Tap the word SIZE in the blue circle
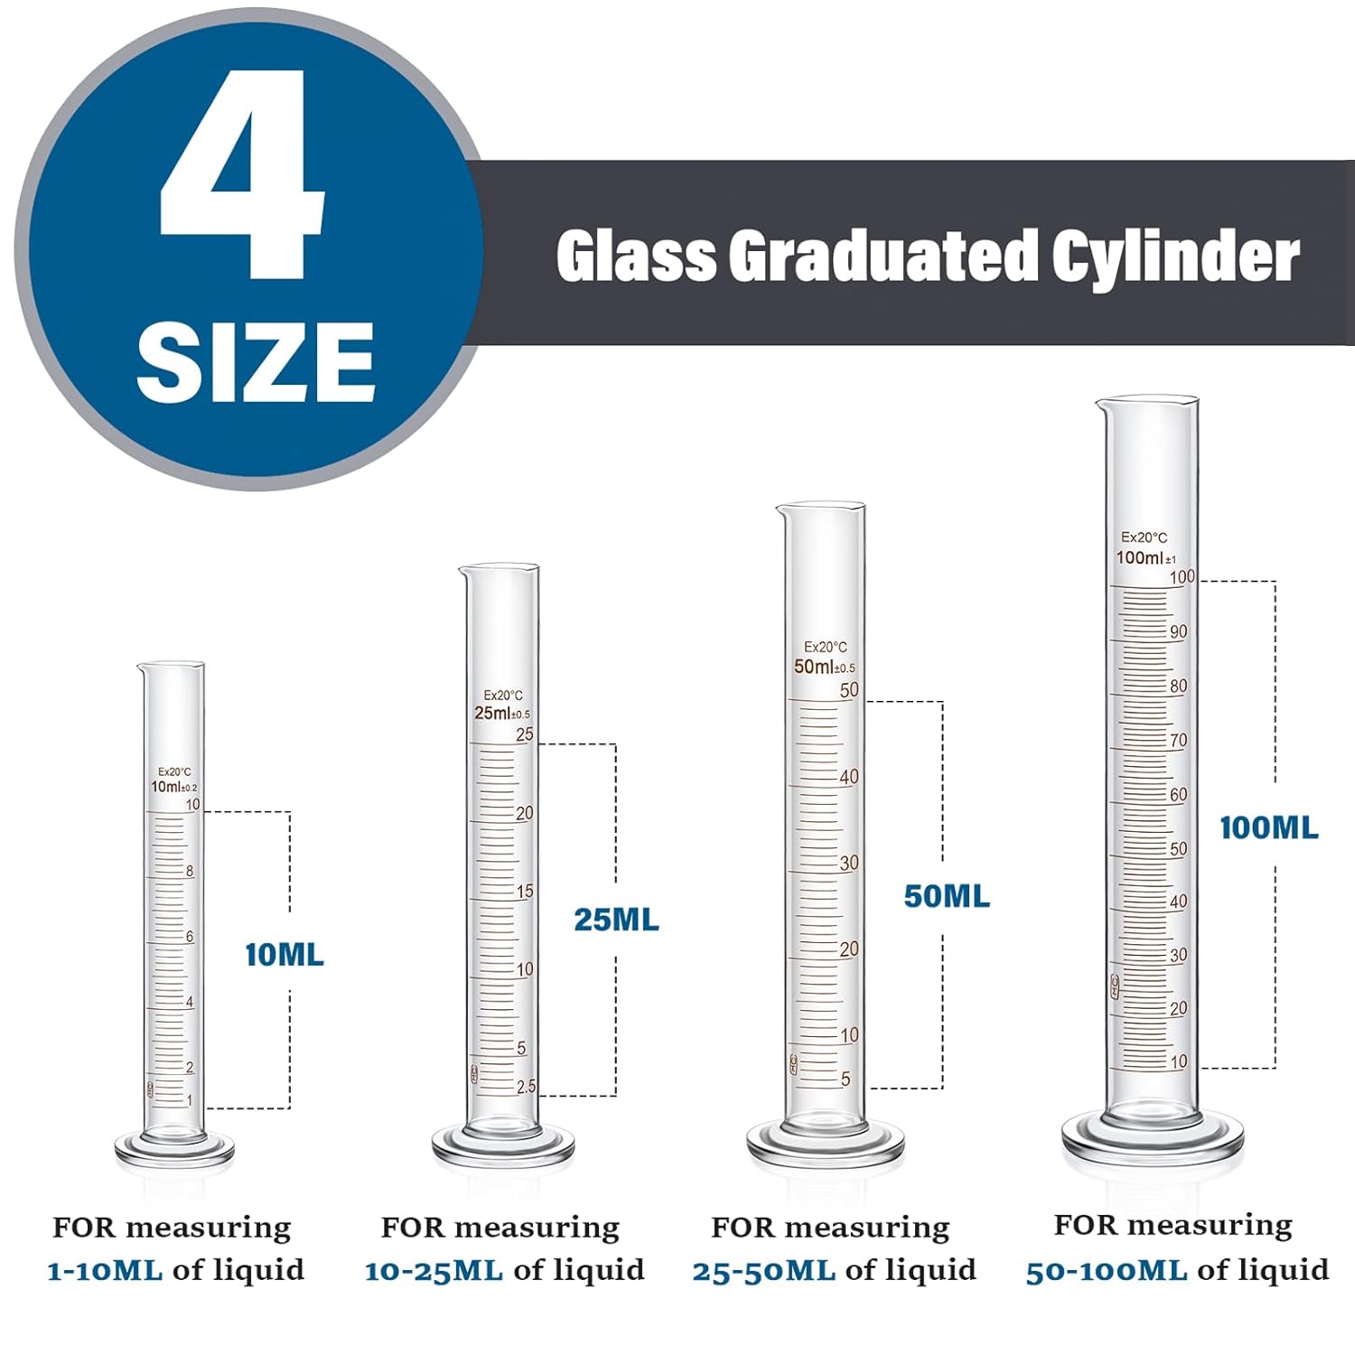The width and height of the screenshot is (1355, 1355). click(x=256, y=361)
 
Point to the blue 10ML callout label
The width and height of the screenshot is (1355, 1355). click(x=284, y=955)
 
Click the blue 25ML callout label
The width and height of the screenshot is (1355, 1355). click(x=616, y=920)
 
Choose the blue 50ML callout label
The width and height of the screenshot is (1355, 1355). click(x=947, y=896)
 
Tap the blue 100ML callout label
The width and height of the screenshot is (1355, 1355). click(x=1268, y=827)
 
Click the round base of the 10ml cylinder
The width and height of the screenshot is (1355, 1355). click(x=174, y=1149)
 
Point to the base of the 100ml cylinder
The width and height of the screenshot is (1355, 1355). click(x=1152, y=1141)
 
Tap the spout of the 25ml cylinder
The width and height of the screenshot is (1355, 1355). click(x=463, y=572)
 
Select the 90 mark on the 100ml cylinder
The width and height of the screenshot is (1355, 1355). click(x=1178, y=631)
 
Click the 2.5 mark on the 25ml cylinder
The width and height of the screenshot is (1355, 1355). click(x=526, y=1087)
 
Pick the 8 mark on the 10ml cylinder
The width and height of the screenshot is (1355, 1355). click(x=190, y=872)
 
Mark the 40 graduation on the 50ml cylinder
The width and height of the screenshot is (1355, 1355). click(x=849, y=777)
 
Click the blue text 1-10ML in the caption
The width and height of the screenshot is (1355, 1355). click(x=105, y=1270)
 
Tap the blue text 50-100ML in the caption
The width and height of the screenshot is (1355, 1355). click(x=1106, y=1271)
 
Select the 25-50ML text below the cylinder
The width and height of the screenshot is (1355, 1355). click(x=763, y=1271)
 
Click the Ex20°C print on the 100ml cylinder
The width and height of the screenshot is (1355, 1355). click(x=1144, y=537)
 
